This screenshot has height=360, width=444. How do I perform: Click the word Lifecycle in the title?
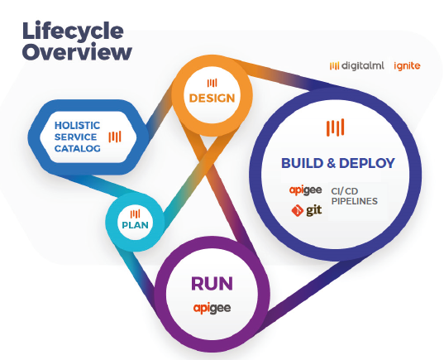(x=73, y=31)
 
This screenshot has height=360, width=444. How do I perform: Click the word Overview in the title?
(x=77, y=52)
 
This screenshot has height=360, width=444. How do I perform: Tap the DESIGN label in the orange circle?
(x=212, y=98)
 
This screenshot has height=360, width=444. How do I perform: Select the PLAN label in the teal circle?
(x=135, y=225)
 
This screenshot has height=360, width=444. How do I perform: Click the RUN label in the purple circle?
(x=212, y=284)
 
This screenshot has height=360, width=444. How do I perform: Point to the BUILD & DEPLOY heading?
(x=338, y=163)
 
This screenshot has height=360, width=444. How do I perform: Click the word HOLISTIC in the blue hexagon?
(x=77, y=125)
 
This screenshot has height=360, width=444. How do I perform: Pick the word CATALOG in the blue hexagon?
(x=77, y=148)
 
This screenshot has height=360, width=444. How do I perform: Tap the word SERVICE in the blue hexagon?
(x=75, y=137)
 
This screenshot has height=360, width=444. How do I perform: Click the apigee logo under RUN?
(x=212, y=308)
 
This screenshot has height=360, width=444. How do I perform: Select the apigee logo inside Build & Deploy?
(x=306, y=190)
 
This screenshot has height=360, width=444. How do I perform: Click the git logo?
(x=307, y=210)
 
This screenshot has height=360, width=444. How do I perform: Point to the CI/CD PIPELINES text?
(x=354, y=196)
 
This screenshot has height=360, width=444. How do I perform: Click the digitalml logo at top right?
(x=357, y=65)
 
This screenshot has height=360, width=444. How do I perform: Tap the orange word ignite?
(x=407, y=65)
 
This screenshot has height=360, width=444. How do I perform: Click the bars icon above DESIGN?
(x=212, y=83)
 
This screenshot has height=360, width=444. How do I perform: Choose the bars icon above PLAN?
(x=135, y=214)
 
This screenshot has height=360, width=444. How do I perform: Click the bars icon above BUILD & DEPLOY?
(x=335, y=127)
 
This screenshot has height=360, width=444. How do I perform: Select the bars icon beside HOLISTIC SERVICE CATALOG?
(x=115, y=137)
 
